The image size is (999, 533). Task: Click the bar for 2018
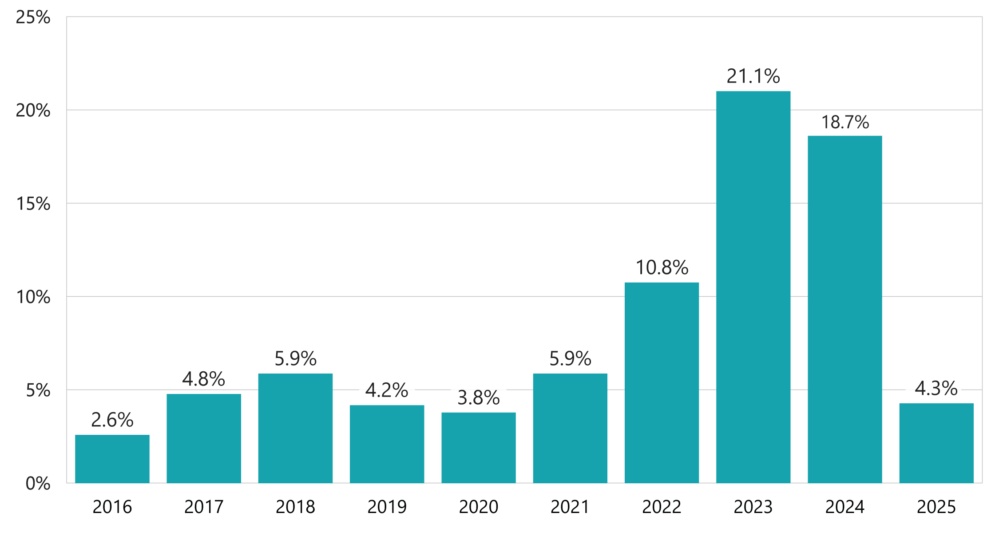[x=295, y=428]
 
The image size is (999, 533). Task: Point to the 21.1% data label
[x=753, y=76]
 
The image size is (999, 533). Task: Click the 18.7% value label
[x=845, y=122]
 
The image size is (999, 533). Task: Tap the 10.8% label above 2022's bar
[x=662, y=268]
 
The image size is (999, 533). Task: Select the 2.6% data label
[x=112, y=420]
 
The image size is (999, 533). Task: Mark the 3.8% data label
[x=478, y=398]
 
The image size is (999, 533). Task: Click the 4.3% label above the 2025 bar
[x=936, y=389]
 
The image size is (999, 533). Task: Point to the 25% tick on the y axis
[x=33, y=17]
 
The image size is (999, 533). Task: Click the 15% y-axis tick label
[x=33, y=204]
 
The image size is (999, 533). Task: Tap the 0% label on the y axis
[x=38, y=484]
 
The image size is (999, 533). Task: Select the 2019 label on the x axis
[x=387, y=507]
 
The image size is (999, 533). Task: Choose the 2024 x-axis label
[x=844, y=507]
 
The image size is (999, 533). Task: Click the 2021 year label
[x=570, y=507]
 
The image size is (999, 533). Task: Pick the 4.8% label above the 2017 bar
[x=203, y=379]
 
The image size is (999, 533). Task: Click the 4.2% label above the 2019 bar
[x=387, y=390]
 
